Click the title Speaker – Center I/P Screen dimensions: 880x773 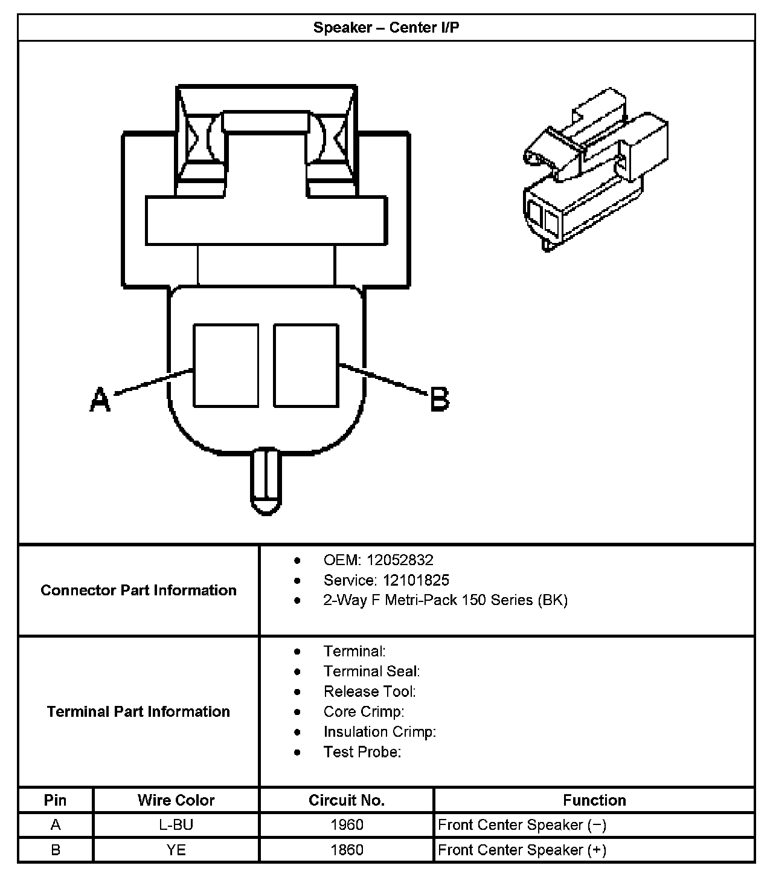point(386,28)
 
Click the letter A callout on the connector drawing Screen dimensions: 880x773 point(100,400)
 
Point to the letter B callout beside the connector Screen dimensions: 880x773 point(440,400)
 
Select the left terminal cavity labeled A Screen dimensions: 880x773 point(226,365)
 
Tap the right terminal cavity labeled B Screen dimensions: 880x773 point(306,365)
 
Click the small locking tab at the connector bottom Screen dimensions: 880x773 point(266,480)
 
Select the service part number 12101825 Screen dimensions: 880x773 point(415,580)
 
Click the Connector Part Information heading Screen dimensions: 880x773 point(138,590)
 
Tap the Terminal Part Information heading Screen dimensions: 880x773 point(138,711)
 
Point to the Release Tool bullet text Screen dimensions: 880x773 point(370,691)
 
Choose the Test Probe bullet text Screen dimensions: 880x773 point(362,752)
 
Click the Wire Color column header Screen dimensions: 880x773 point(176,800)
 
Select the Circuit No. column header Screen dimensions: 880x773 point(347,800)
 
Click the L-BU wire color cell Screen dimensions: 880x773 point(176,825)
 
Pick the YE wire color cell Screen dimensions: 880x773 point(176,850)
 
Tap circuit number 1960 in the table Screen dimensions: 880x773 point(347,825)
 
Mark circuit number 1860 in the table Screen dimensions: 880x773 point(347,850)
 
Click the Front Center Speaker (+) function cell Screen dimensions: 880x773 point(522,850)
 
